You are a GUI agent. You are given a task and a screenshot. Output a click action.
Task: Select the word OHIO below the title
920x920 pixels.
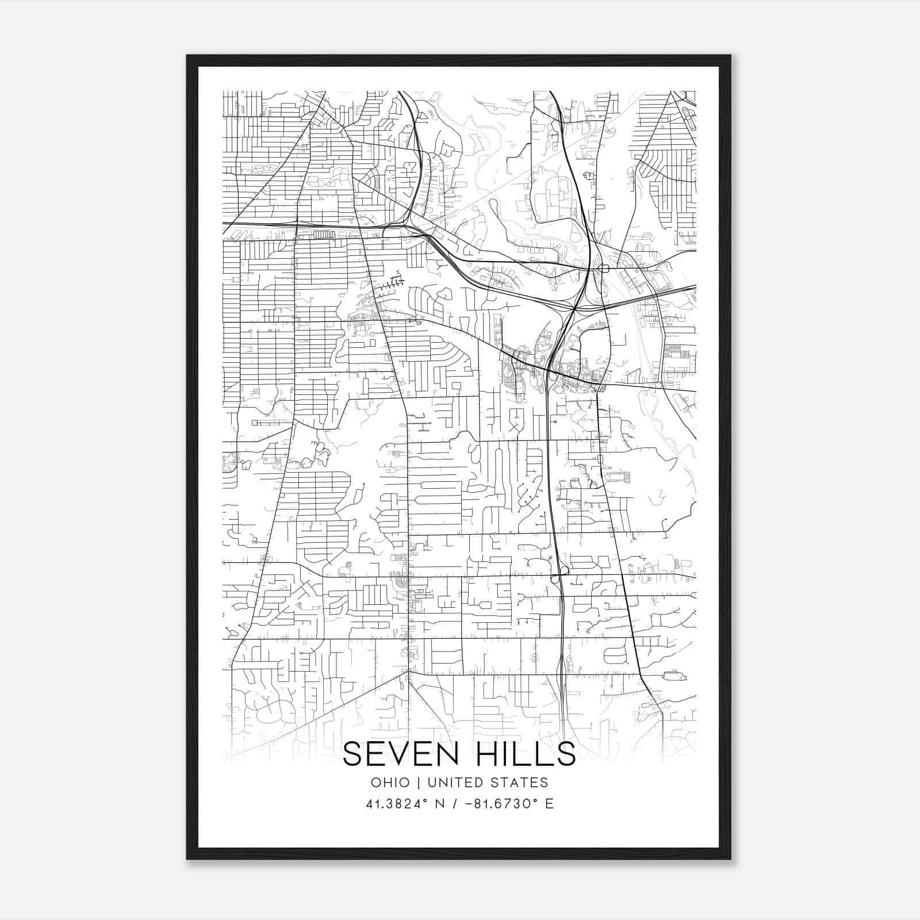tap(390, 783)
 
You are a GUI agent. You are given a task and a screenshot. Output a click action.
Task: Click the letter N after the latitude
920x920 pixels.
tap(442, 804)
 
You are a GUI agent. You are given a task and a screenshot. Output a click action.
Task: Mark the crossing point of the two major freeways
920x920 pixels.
tap(574, 309)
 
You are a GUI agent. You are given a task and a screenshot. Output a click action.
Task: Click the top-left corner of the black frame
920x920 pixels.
tap(187, 56)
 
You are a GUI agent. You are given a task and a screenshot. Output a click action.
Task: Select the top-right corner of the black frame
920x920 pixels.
tap(730, 56)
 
